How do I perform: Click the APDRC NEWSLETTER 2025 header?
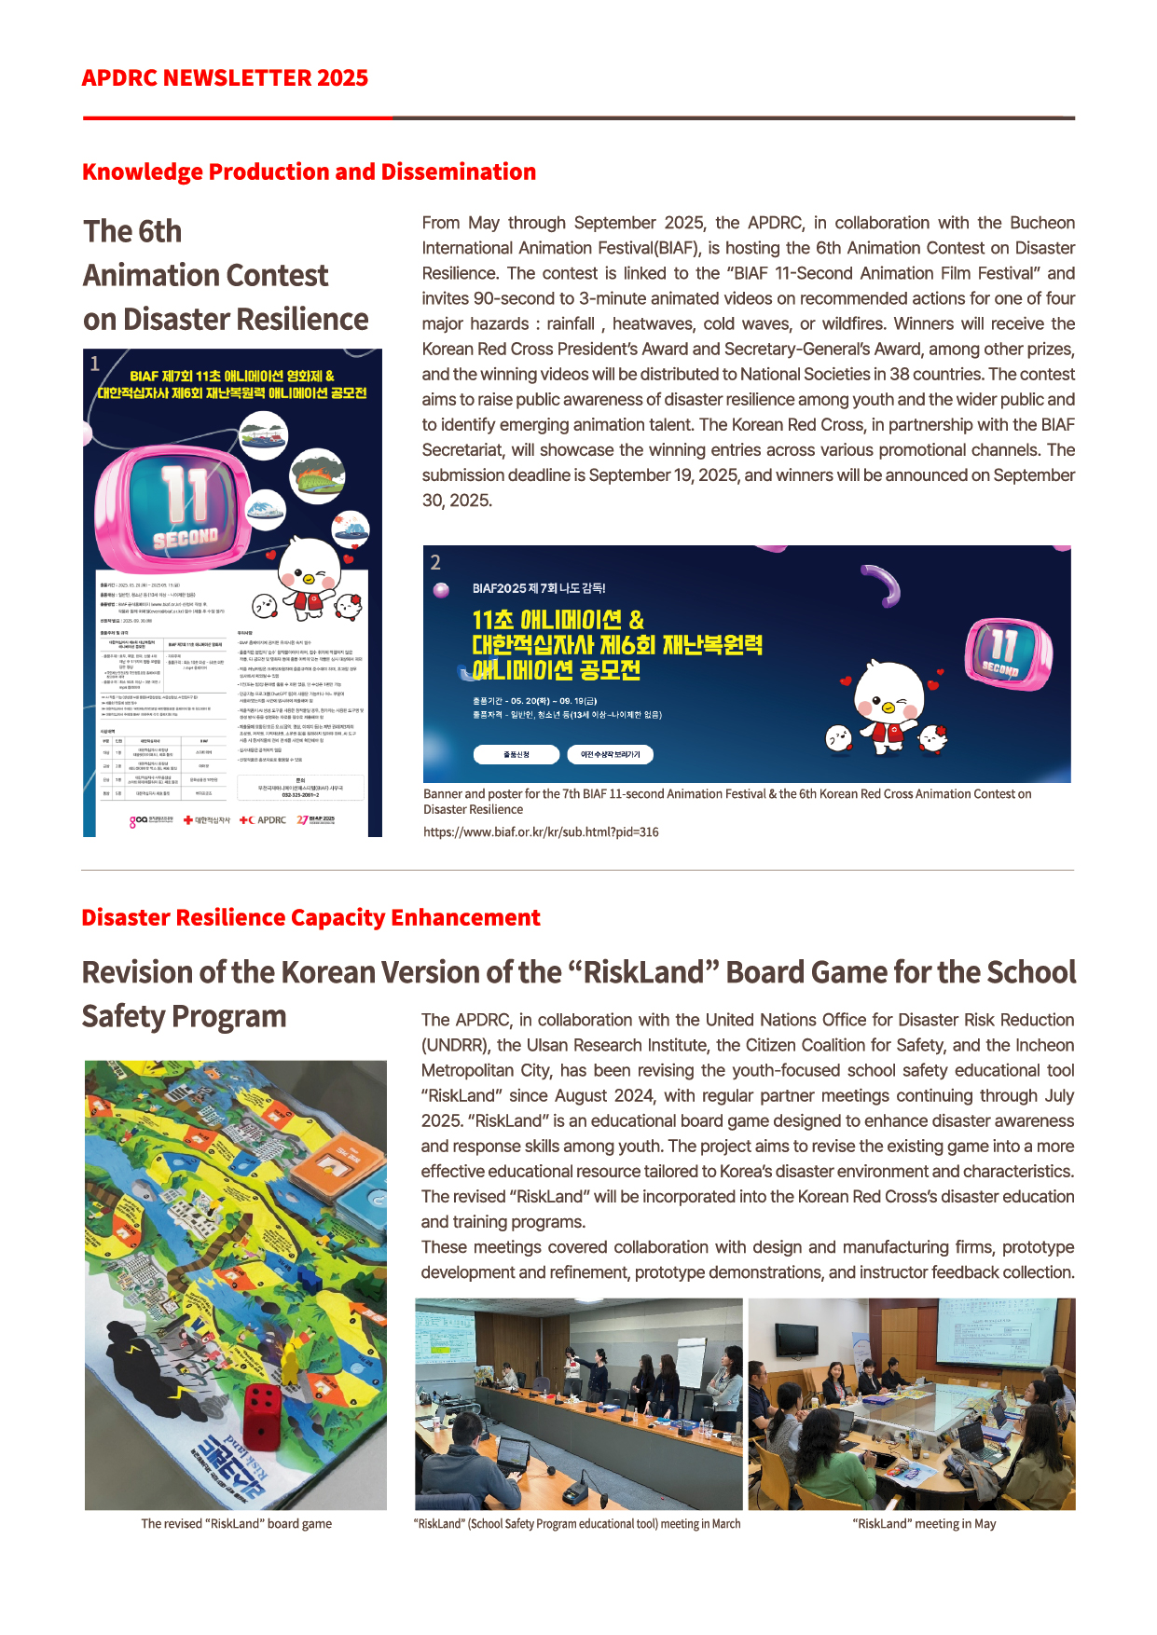225,78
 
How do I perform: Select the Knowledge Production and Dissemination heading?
309,172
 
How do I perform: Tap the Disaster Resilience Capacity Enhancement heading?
310,918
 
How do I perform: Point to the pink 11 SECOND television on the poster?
183,508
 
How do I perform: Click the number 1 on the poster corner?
94,364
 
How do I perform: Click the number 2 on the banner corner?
435,562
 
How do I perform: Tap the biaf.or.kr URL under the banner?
541,832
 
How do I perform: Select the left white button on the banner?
516,754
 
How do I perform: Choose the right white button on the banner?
610,754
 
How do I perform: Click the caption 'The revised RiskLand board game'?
236,1524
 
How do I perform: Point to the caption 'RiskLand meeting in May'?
924,1524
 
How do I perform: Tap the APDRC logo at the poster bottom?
264,820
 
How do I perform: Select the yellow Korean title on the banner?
615,645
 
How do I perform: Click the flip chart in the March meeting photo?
691,1362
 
